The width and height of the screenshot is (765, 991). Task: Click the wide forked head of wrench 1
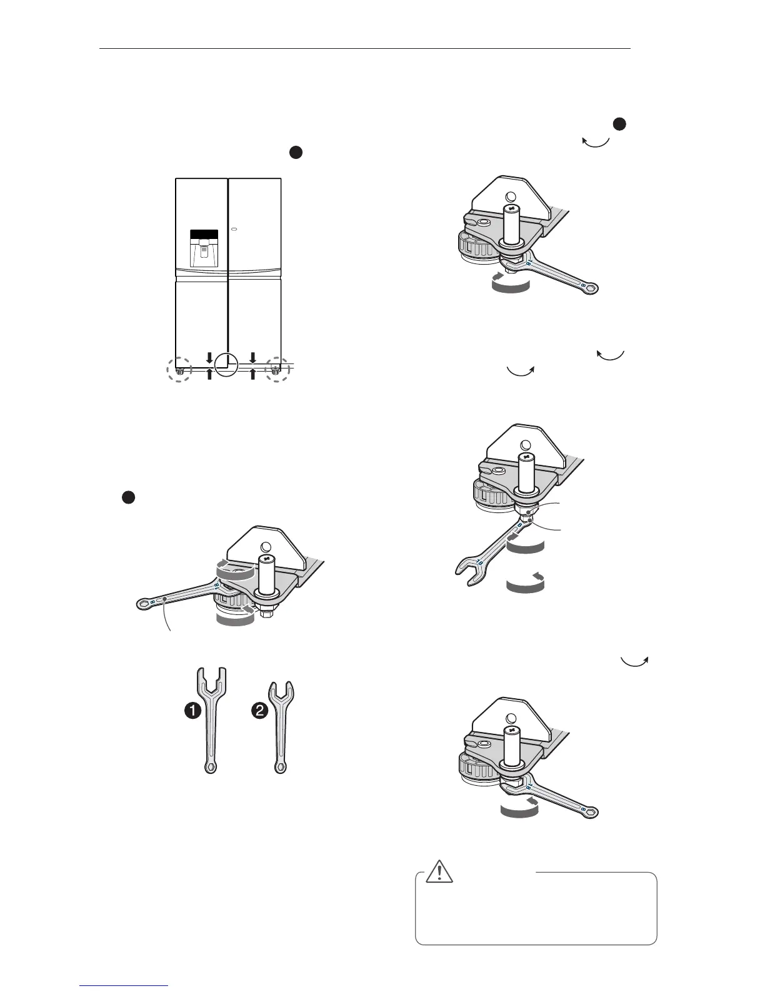211,683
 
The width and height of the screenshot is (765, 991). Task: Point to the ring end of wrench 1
211,766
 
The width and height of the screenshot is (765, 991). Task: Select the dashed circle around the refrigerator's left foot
179,370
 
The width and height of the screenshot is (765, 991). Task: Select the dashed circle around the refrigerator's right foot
277,369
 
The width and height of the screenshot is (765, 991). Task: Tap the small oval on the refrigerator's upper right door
234,229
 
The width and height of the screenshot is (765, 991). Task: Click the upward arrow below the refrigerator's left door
209,374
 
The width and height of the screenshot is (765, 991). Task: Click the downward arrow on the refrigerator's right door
252,358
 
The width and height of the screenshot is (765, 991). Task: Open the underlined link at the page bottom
124,987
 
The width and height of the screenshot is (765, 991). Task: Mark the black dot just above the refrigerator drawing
296,152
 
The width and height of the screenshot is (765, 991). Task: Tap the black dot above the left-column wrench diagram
128,497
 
